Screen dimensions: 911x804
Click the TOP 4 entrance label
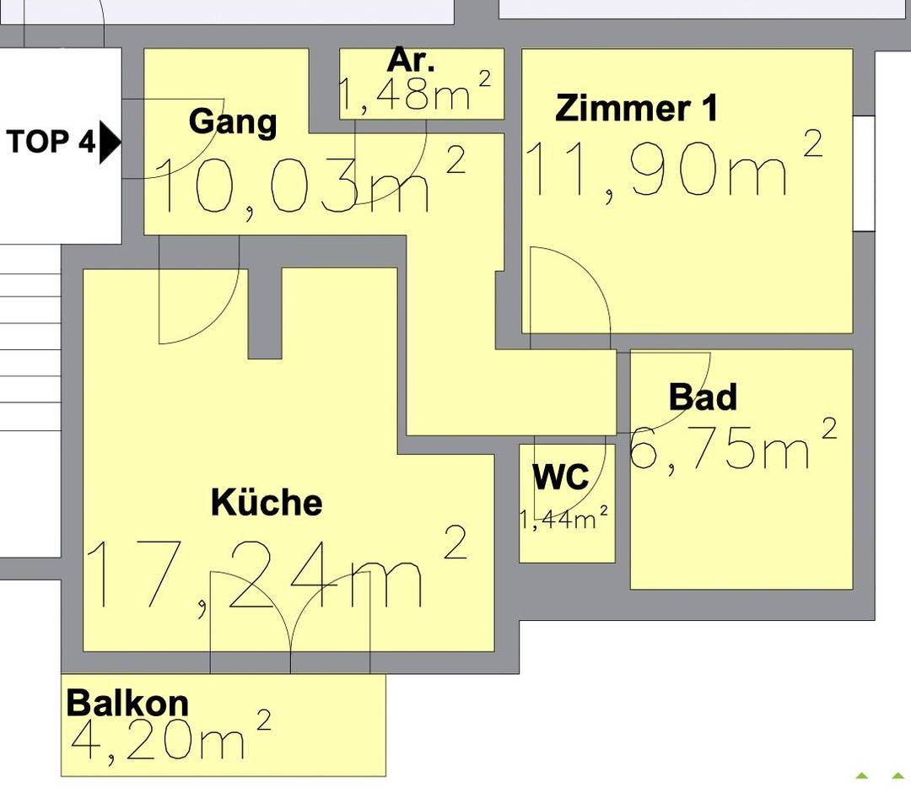point(50,142)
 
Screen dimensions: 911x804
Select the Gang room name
point(233,122)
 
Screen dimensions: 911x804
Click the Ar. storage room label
point(411,59)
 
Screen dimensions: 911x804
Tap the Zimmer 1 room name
point(636,108)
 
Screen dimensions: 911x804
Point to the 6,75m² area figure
point(733,445)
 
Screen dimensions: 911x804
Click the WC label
point(561,477)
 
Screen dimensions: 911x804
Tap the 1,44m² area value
point(563,518)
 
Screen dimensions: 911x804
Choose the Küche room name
point(266,502)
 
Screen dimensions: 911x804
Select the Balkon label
point(127,703)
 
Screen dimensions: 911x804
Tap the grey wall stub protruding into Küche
point(265,314)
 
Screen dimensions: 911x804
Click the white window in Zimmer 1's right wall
point(864,173)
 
